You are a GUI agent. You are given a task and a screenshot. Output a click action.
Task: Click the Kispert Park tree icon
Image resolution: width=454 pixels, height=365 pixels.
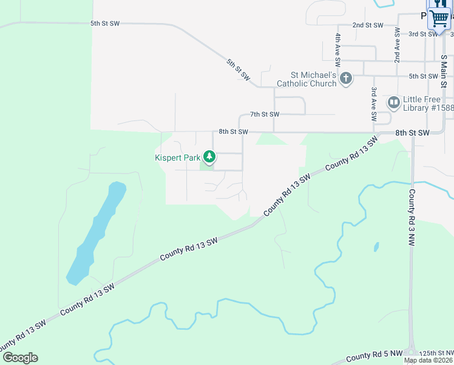[209, 158]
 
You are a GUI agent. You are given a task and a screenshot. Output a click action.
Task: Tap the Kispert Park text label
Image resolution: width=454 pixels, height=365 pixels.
[177, 158]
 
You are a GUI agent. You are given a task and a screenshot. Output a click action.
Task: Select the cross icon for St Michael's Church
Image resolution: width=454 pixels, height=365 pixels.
[346, 78]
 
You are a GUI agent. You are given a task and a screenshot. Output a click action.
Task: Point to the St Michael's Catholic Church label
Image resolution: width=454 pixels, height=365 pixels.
[306, 78]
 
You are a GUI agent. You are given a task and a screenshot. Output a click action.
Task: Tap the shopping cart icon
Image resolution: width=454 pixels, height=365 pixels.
[439, 17]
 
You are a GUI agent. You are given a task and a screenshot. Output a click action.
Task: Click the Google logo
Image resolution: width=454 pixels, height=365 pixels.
[20, 358]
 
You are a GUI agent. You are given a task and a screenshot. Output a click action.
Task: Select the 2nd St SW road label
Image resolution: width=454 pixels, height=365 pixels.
[368, 26]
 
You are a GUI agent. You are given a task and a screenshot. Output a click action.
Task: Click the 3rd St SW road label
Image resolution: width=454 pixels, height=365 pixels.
[423, 34]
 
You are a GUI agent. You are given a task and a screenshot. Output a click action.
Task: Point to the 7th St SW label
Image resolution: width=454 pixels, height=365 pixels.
[265, 114]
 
